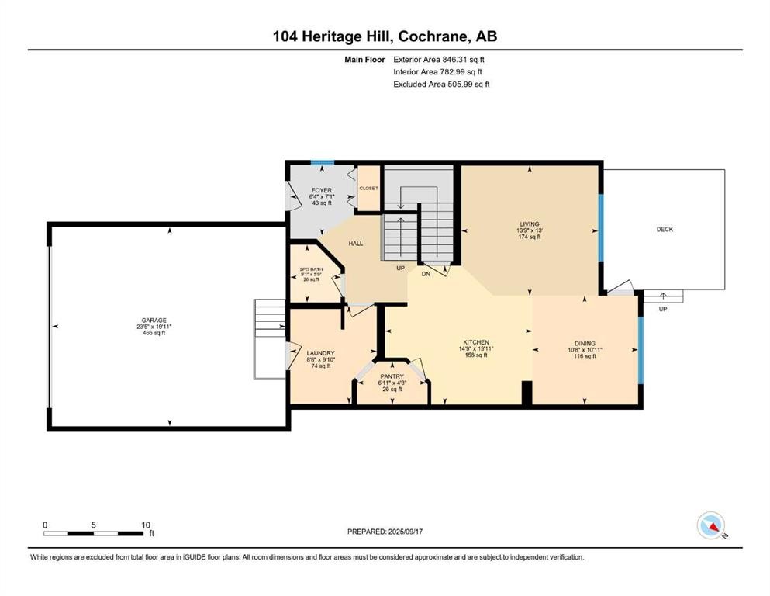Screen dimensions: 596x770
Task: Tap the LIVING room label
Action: click(530, 224)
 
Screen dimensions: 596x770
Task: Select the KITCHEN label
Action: click(475, 342)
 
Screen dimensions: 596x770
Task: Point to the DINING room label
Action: click(585, 343)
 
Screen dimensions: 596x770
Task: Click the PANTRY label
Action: click(392, 376)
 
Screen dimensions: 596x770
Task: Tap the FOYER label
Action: click(321, 190)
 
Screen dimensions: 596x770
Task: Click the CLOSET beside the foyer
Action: click(368, 188)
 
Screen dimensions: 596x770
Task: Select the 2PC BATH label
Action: click(310, 270)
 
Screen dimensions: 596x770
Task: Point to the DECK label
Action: click(665, 229)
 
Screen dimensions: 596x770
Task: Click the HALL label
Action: click(355, 244)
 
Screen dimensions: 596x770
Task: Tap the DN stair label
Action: click(425, 273)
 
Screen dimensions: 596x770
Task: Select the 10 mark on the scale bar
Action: click(146, 525)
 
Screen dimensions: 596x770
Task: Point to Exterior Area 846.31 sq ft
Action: click(441, 59)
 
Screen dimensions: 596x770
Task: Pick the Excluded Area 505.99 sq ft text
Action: click(441, 84)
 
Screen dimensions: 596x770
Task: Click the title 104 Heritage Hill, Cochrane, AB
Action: click(385, 36)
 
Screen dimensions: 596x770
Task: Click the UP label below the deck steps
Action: click(662, 308)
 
